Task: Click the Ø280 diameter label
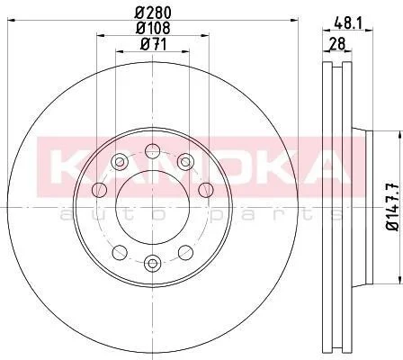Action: coord(153,13)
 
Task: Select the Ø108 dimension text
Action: coord(153,28)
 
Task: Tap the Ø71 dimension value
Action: coord(153,44)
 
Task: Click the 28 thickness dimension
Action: coord(337,44)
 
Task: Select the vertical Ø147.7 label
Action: coord(392,207)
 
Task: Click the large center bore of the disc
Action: coord(153,207)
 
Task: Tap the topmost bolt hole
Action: coord(153,150)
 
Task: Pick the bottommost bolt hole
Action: coord(153,264)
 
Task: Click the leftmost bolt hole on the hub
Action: coord(100,190)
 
